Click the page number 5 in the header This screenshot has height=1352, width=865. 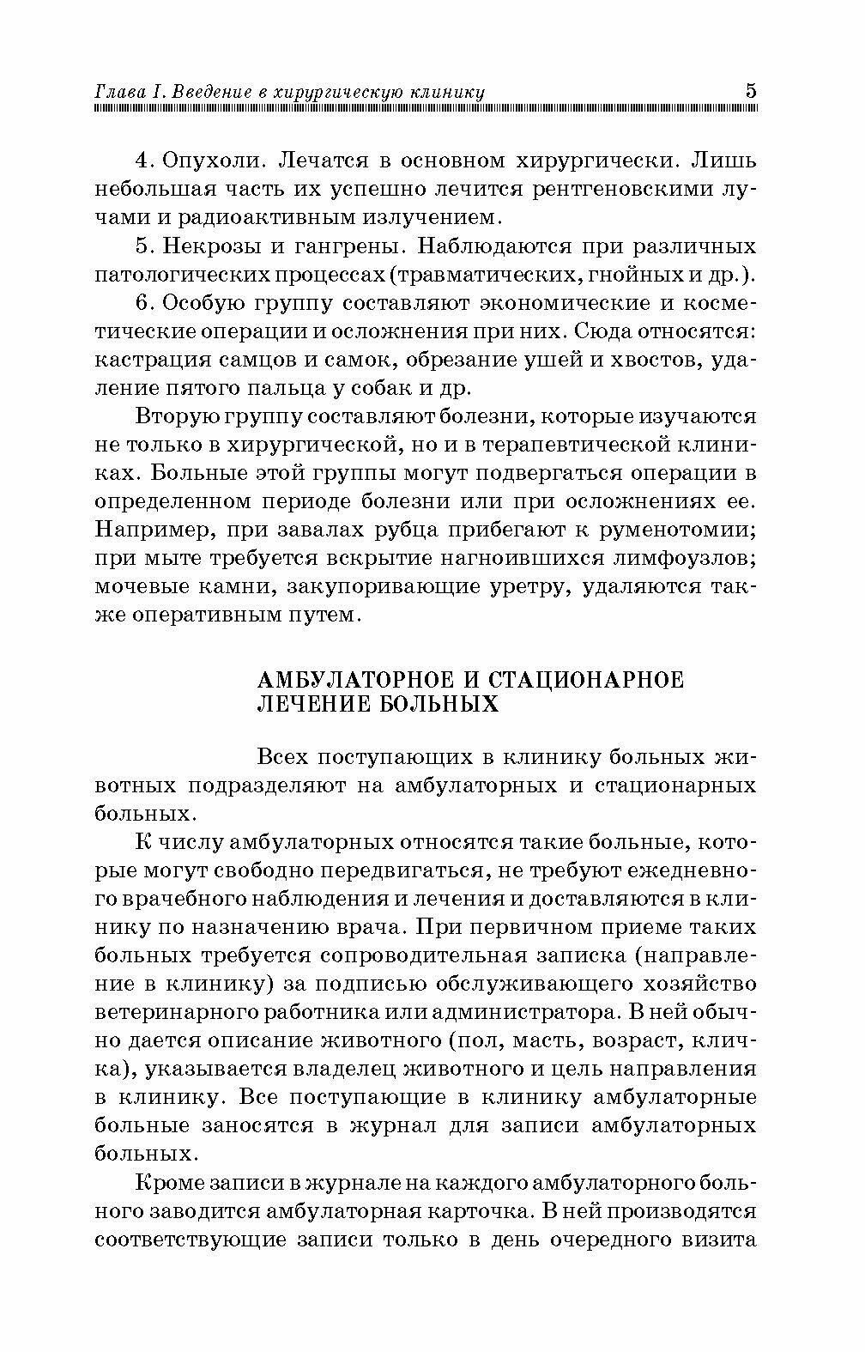point(751,91)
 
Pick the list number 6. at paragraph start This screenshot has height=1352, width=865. point(144,303)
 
